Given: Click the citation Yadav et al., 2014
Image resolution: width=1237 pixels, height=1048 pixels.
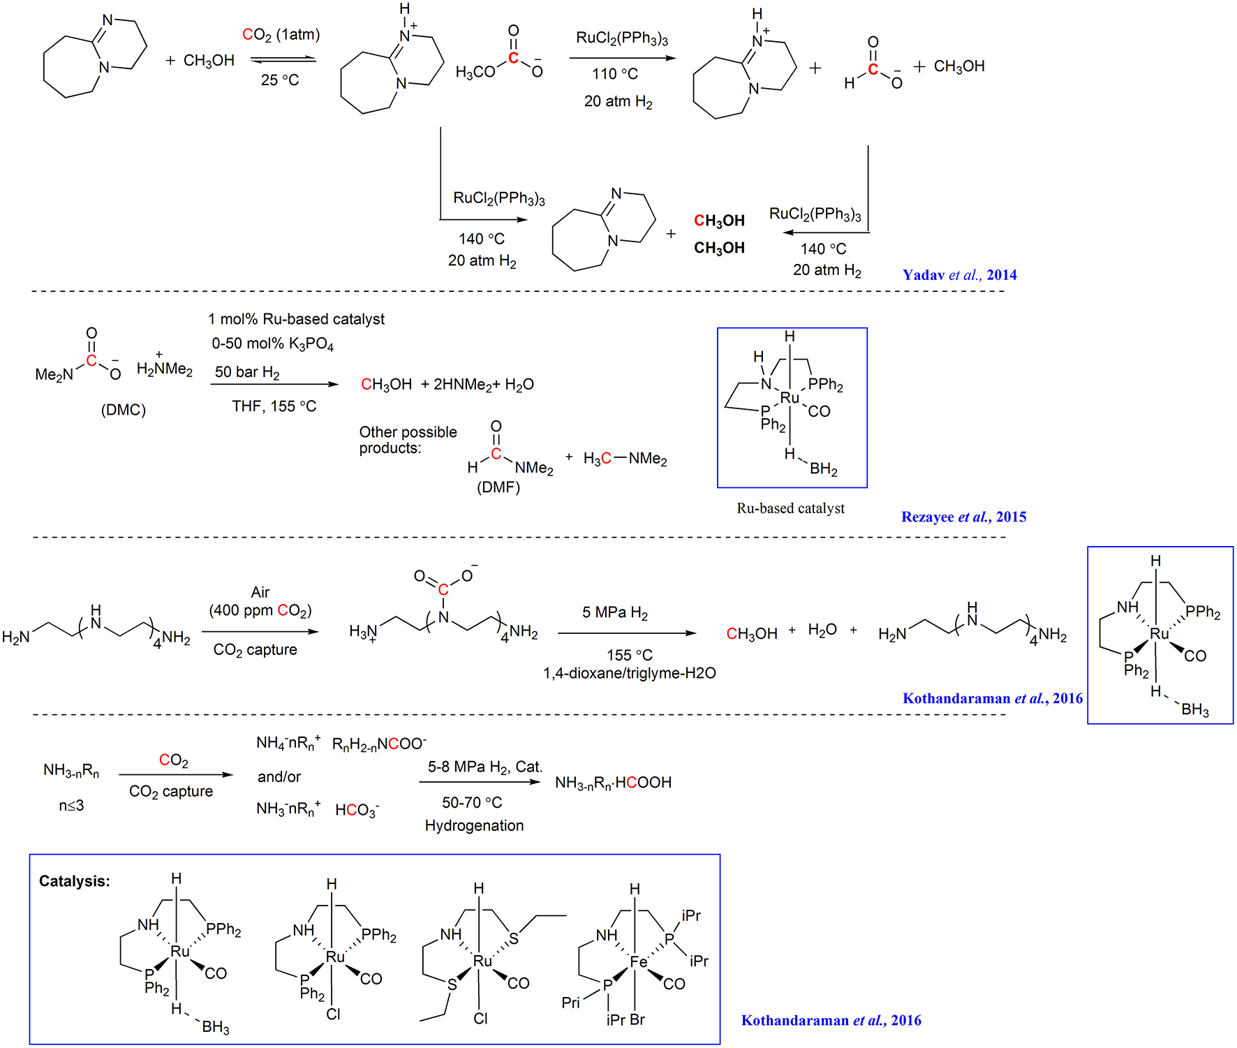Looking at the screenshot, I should pyautogui.click(x=959, y=275).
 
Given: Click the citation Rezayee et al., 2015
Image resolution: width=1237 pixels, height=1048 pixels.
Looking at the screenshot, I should pyautogui.click(x=963, y=517).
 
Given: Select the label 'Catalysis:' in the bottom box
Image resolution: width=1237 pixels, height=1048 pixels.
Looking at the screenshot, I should pyautogui.click(x=75, y=881).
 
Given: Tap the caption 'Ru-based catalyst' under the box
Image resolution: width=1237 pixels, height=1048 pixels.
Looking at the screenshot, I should pyautogui.click(x=790, y=508).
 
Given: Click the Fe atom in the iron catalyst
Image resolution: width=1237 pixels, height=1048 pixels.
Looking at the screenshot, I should pyautogui.click(x=638, y=962).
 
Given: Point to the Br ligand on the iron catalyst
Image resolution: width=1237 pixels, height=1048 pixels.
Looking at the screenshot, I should pyautogui.click(x=637, y=1019).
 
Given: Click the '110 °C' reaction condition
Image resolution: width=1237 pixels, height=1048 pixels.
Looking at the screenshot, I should pyautogui.click(x=615, y=74).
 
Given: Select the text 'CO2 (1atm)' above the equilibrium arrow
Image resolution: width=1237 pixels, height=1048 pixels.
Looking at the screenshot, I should pyautogui.click(x=281, y=35).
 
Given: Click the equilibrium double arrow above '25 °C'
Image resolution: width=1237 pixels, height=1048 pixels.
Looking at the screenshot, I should pyautogui.click(x=283, y=59).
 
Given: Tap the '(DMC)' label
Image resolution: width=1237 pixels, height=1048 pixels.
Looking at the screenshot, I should pyautogui.click(x=124, y=410).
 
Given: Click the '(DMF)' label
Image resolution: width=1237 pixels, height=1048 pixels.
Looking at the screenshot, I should pyautogui.click(x=498, y=487).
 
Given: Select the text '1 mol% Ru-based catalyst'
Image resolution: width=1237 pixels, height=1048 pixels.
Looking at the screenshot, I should pyautogui.click(x=296, y=319).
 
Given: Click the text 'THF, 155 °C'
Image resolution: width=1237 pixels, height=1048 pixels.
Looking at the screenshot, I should pyautogui.click(x=274, y=406).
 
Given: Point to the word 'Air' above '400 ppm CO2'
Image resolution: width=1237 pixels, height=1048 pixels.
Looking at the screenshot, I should pyautogui.click(x=260, y=592).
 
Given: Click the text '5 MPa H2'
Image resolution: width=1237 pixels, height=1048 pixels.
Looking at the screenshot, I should pyautogui.click(x=615, y=613).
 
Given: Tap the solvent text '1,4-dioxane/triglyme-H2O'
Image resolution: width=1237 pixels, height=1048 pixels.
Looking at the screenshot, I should pyautogui.click(x=629, y=673).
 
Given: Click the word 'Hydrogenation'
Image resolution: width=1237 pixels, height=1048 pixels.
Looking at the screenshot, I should pyautogui.click(x=474, y=825).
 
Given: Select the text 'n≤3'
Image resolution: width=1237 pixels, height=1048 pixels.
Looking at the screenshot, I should pyautogui.click(x=71, y=806).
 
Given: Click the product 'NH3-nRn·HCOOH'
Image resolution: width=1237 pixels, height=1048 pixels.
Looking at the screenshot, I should pyautogui.click(x=613, y=783).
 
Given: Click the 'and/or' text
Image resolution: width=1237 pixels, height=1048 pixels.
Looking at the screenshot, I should pyautogui.click(x=279, y=776).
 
